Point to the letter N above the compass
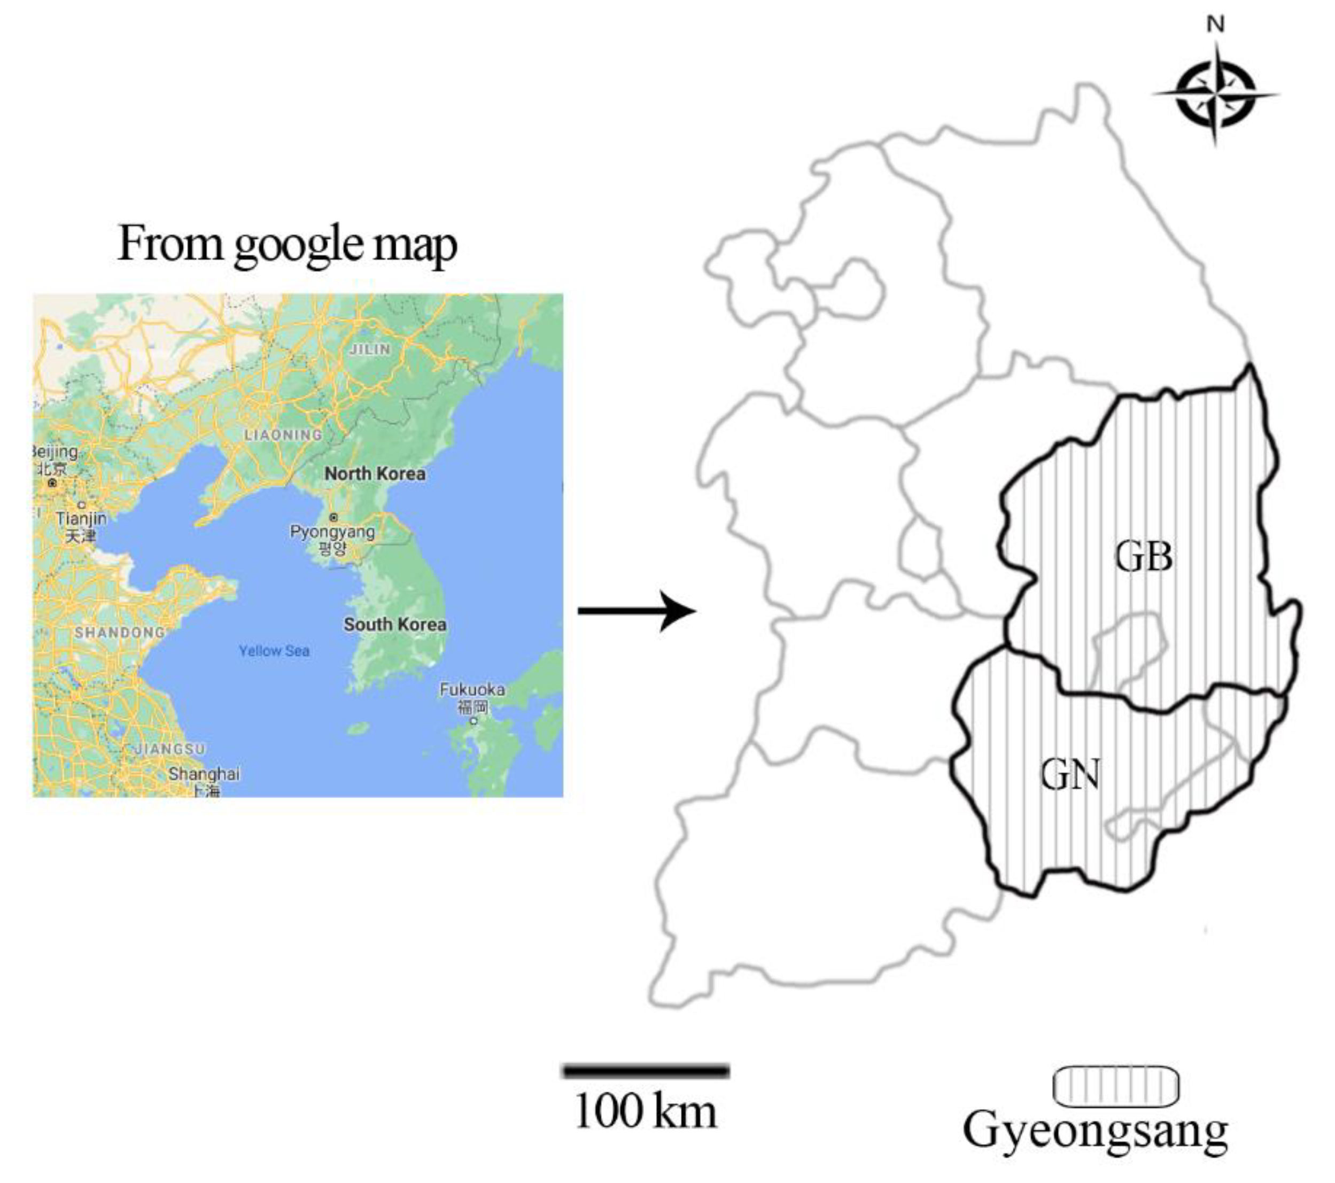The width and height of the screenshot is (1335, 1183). pyautogui.click(x=1215, y=25)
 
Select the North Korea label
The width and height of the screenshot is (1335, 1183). pyautogui.click(x=375, y=473)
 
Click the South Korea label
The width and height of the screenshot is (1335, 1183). pyautogui.click(x=395, y=624)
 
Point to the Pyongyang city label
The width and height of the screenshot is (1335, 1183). pyautogui.click(x=332, y=532)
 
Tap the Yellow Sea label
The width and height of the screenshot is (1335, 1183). pyautogui.click(x=274, y=650)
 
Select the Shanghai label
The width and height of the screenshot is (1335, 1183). pyautogui.click(x=204, y=774)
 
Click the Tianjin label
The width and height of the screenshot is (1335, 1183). pyautogui.click(x=81, y=518)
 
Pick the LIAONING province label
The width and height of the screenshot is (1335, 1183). pyautogui.click(x=283, y=435)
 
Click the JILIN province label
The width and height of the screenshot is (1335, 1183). pyautogui.click(x=370, y=349)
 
